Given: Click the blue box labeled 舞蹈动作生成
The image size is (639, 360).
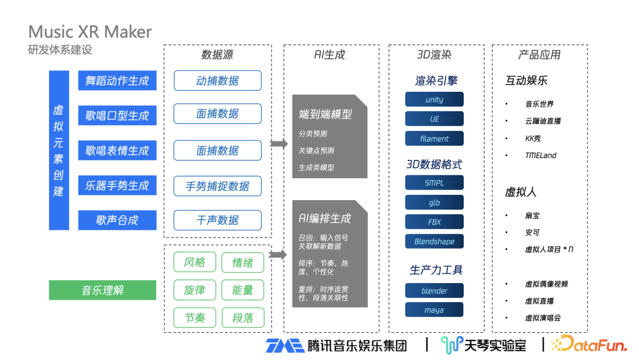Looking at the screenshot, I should pyautogui.click(x=117, y=81).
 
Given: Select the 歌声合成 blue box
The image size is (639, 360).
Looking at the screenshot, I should pyautogui.click(x=117, y=220).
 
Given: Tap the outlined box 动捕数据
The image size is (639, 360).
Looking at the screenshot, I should pyautogui.click(x=217, y=81).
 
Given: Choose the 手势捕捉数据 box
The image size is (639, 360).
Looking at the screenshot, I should pyautogui.click(x=217, y=186).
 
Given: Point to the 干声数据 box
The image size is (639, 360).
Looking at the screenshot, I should pyautogui.click(x=217, y=220).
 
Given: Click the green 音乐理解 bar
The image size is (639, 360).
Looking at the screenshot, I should pyautogui.click(x=102, y=290).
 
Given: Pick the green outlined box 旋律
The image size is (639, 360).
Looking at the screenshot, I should pyautogui.click(x=195, y=290).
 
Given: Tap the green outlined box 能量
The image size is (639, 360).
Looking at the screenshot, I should pyautogui.click(x=243, y=290).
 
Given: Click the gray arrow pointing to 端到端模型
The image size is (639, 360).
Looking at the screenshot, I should pyautogui.click(x=278, y=143).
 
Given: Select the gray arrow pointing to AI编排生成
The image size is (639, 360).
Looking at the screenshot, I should pyautogui.click(x=278, y=255).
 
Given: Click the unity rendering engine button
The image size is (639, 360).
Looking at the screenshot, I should pyautogui.click(x=434, y=99).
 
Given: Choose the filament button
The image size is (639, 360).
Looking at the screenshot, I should pyautogui.click(x=434, y=139).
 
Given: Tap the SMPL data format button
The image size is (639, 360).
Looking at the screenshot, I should pyautogui.click(x=434, y=183).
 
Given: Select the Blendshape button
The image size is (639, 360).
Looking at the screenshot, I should pyautogui.click(x=434, y=242).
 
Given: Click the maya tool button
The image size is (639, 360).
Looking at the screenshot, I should pyautogui.click(x=434, y=310).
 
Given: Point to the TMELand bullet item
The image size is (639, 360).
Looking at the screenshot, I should pyautogui.click(x=541, y=156).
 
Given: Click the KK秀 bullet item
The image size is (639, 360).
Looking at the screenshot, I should pyautogui.click(x=533, y=139).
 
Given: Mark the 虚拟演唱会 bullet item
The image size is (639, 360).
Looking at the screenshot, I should pyautogui.click(x=543, y=318).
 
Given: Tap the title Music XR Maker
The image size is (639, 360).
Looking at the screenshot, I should pyautogui.click(x=90, y=32).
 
